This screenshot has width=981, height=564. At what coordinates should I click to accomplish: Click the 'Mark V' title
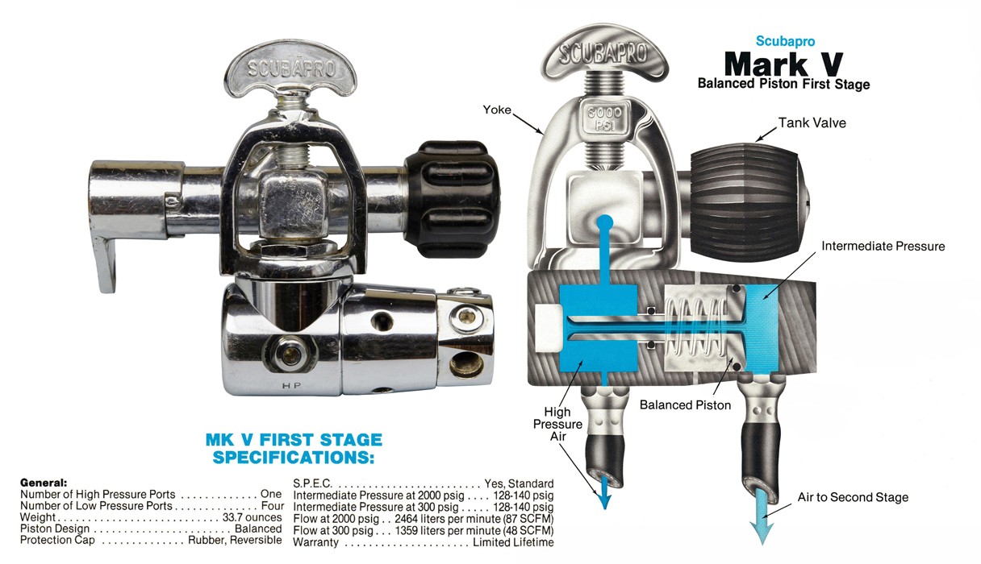pos(783,64)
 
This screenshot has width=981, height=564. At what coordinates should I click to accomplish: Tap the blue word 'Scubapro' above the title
pos(783,40)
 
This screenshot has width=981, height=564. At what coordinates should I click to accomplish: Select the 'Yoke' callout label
pos(497,109)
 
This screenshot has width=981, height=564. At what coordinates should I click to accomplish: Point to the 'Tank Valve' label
pos(812,122)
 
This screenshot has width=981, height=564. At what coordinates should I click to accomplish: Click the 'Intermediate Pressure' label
pos(883,246)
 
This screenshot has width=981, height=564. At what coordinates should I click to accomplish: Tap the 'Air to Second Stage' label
pos(853,497)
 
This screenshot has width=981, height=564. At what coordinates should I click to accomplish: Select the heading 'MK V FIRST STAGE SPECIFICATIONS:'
pos(294,449)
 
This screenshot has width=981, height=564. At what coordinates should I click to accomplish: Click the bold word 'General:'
pos(44,482)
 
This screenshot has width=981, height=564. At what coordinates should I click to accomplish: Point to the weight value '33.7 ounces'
pos(251,517)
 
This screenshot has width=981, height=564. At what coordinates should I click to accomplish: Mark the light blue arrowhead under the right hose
pos(762,533)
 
